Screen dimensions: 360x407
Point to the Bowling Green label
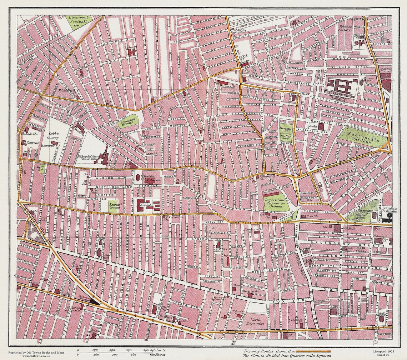click(286, 136)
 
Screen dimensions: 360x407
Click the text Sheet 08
click(387, 355)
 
